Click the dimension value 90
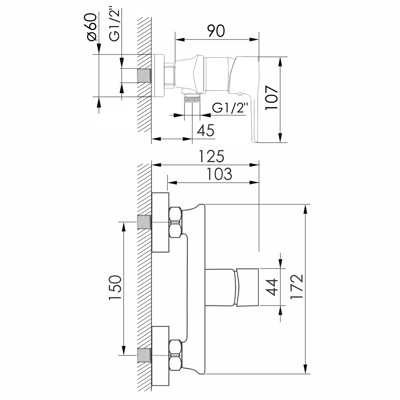point(216,31)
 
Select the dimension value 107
point(272,98)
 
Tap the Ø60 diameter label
point(92,27)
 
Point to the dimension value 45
point(206,130)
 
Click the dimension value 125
point(212,156)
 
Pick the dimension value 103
point(219,174)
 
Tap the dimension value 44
point(272,287)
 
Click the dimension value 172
point(297,286)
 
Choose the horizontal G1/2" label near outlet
point(230,108)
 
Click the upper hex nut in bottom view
point(176,222)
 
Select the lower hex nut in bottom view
point(176,355)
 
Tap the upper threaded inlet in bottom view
point(144,222)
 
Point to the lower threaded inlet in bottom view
point(144,355)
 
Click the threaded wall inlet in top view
point(144,76)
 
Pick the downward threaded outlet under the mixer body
point(192,98)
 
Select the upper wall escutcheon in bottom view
point(160,222)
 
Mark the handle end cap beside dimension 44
point(247,287)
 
